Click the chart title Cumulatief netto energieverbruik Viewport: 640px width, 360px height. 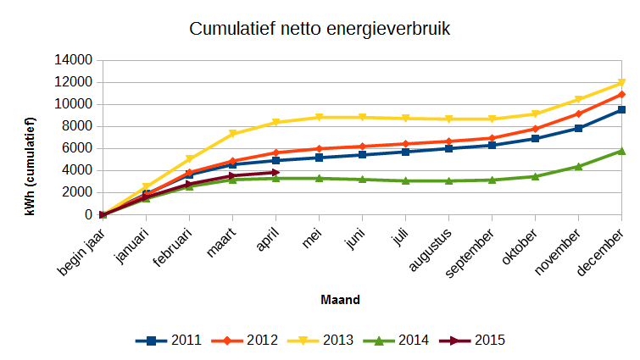pos(320,29)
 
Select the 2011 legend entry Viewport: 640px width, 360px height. pos(169,341)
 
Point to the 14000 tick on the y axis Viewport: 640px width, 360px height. pos(74,60)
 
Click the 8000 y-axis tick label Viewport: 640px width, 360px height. pos(77,126)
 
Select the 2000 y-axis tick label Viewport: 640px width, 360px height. pos(77,192)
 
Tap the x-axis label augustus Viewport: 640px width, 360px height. pos(432,250)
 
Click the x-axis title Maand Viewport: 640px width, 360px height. pos(340,299)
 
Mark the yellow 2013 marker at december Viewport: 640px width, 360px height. pos(621,83)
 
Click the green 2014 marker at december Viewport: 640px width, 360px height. pos(621,151)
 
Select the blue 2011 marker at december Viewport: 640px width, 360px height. pos(621,110)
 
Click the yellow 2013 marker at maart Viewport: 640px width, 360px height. pos(232,134)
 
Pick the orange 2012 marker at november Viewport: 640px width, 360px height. pos(578,114)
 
